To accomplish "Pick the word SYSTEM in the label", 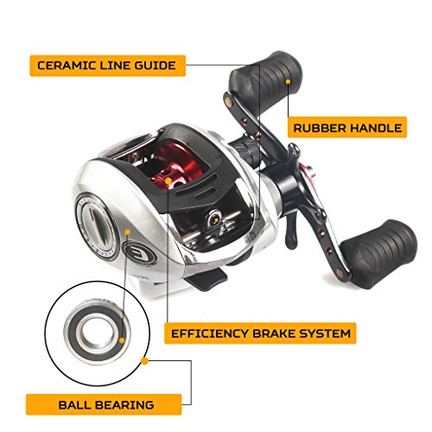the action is [x=326, y=334].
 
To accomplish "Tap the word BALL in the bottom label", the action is [x=75, y=405].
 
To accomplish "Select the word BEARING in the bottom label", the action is [x=124, y=405].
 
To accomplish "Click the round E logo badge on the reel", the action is [x=139, y=251].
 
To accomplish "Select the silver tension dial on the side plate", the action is [x=97, y=223].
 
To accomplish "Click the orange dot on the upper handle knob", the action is [x=288, y=82].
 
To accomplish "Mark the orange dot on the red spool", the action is [x=168, y=181].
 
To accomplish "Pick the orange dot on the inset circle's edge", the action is [x=145, y=361].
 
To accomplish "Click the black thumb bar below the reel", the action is [x=206, y=279].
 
